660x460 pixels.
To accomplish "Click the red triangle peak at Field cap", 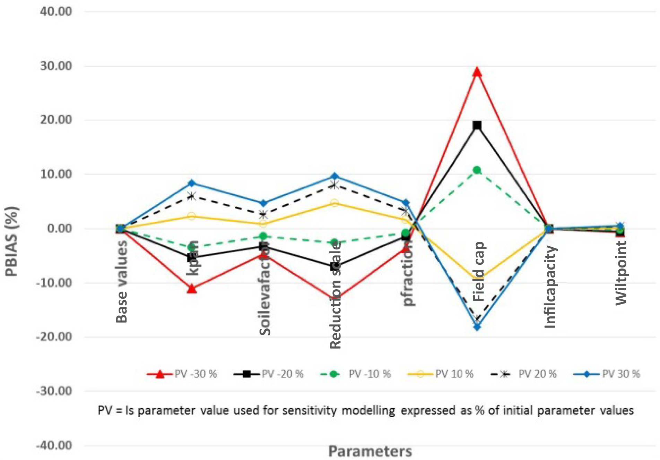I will (477, 72).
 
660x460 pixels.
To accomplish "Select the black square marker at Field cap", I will (477, 125).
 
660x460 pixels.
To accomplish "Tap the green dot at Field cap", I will (477, 170).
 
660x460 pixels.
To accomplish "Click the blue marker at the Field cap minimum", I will (477, 327).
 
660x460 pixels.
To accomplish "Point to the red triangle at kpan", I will (192, 289).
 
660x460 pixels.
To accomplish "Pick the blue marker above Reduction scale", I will (335, 176).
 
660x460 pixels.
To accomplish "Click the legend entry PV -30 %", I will (196, 374).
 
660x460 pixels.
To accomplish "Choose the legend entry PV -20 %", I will (283, 374).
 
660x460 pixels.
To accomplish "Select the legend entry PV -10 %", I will (370, 374).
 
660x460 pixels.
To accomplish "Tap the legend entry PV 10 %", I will (454, 374).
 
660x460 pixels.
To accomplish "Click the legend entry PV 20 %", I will (537, 374).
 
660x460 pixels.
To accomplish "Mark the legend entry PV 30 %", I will (621, 374).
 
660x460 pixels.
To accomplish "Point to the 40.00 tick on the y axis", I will (56, 11).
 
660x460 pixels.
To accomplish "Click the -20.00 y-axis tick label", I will (54, 337).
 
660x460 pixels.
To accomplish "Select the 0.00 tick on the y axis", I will (59, 228).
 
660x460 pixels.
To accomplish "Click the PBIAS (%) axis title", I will (12, 241).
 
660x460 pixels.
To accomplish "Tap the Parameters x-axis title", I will (370, 451).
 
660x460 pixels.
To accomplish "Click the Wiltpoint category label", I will (621, 273).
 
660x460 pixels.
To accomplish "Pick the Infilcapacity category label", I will (550, 287).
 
